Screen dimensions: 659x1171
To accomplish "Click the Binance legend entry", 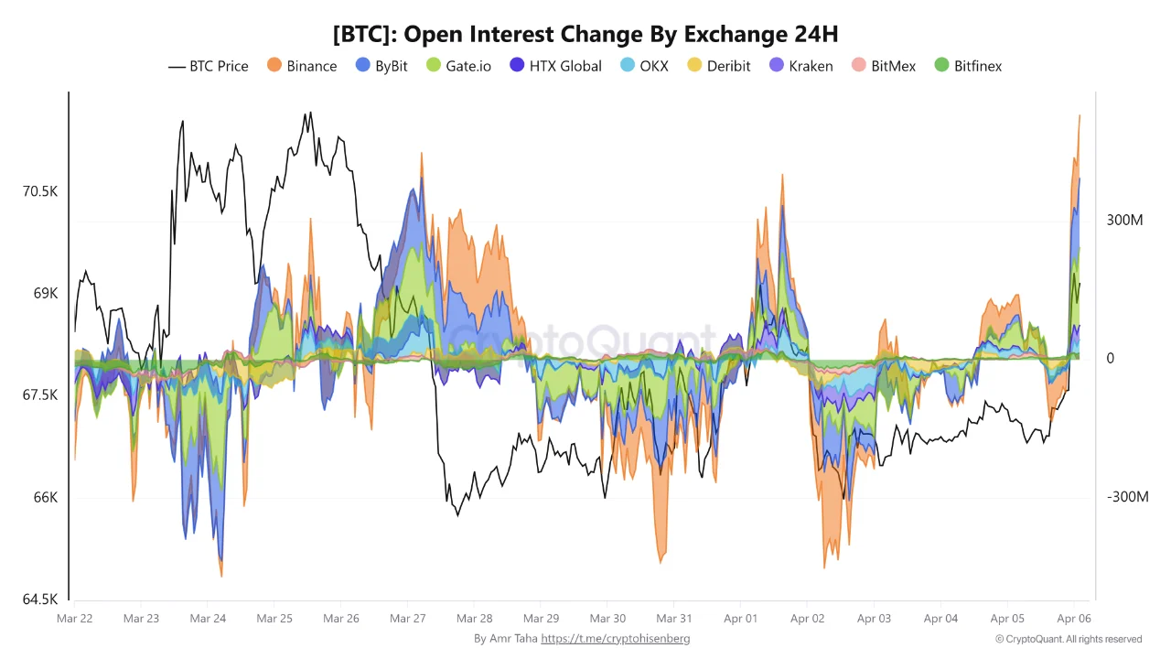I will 302,66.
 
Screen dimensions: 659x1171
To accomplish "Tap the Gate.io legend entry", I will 458,66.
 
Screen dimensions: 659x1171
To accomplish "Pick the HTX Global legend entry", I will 555,66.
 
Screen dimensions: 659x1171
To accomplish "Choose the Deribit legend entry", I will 719,66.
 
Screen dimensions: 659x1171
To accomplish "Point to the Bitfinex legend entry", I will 968,66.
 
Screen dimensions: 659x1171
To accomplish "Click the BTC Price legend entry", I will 209,66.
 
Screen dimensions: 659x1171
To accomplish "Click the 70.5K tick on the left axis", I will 40,192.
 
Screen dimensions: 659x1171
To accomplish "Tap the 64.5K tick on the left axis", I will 40,600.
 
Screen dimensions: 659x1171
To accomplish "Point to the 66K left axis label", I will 46,498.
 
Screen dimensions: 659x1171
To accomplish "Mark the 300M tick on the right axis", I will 1125,221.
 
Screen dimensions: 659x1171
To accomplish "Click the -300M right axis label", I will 1127,497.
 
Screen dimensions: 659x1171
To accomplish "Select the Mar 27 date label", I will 408,619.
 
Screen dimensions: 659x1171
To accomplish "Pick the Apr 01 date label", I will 740,619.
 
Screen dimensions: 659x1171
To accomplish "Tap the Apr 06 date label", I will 1074,619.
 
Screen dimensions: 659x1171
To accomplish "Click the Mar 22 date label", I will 74,619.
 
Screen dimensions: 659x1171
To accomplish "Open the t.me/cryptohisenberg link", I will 616,639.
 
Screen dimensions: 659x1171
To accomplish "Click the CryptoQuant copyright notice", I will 1069,639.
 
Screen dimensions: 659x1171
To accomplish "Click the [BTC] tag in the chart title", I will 364,35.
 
